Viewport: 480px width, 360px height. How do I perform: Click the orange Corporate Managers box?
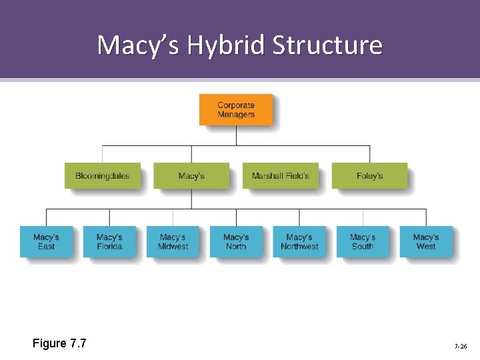(x=236, y=110)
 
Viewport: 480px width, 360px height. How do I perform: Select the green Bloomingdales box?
(x=103, y=176)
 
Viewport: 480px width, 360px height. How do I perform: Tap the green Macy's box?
(x=191, y=176)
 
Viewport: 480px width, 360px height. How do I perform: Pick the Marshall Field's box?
(x=280, y=176)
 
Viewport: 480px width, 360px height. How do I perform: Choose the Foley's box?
(x=369, y=176)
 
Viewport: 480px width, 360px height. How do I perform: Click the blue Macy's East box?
(x=46, y=241)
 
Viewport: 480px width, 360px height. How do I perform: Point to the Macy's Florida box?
(x=109, y=241)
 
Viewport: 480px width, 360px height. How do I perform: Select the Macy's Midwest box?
(x=173, y=241)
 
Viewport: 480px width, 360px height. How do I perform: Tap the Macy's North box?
(x=236, y=241)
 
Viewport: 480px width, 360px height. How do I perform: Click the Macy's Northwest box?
(x=299, y=241)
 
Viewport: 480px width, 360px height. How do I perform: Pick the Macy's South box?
(x=363, y=241)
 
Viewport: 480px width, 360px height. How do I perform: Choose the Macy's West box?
(x=426, y=241)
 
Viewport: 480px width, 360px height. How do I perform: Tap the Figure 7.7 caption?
(x=59, y=343)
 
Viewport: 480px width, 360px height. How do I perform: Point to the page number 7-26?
(x=460, y=347)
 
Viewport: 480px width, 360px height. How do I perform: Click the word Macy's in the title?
(x=138, y=45)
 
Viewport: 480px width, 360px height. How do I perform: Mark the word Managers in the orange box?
(x=236, y=115)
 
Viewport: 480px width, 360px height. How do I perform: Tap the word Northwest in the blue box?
(x=299, y=247)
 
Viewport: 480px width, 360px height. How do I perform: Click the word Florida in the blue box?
(x=109, y=247)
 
